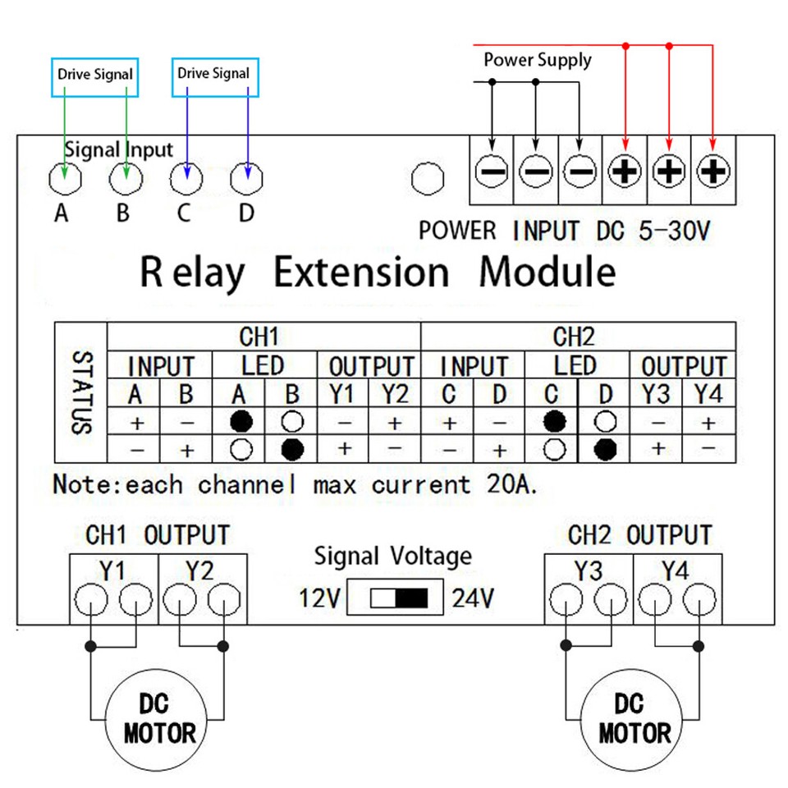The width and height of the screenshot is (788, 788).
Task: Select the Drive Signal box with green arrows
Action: point(94,74)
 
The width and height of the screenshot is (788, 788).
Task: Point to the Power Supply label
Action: point(537,60)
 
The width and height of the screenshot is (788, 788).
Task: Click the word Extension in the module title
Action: point(361,273)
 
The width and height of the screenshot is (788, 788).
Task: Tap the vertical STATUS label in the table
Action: point(80,392)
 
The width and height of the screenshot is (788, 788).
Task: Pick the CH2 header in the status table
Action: point(575,337)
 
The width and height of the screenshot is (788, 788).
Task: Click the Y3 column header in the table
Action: point(655,394)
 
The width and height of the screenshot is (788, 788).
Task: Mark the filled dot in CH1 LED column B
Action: point(293,449)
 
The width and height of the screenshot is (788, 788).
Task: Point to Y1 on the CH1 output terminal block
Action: point(113,570)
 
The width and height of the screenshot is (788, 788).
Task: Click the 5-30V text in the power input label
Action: point(673,231)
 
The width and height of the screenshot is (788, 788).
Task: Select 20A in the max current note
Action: point(508,484)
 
